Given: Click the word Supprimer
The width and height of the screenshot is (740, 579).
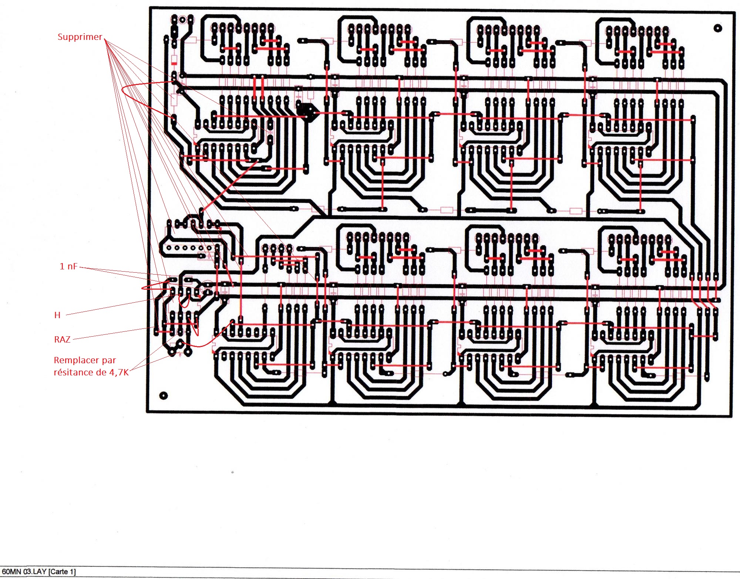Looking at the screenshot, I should [x=80, y=37].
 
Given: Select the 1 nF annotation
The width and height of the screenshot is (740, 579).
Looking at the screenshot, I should [x=68, y=266].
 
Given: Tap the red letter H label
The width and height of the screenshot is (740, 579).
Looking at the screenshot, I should [x=57, y=315].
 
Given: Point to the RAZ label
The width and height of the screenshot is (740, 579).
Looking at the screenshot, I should [x=62, y=340].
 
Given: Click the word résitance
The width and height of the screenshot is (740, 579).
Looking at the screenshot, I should [x=73, y=372].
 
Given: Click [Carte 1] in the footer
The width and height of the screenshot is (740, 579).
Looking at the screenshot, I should [x=62, y=572].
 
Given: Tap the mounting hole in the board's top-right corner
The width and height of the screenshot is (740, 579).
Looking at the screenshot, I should [x=717, y=28].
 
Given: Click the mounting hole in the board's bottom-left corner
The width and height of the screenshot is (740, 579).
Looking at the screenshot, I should [x=163, y=396].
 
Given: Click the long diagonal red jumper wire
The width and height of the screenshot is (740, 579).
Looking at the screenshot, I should [x=229, y=185].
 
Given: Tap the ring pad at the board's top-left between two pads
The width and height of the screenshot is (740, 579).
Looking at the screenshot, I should [x=182, y=19].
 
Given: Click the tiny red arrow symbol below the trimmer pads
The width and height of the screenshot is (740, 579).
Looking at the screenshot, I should [x=180, y=355].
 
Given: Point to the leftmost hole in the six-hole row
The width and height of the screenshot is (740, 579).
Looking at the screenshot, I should [x=169, y=248].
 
